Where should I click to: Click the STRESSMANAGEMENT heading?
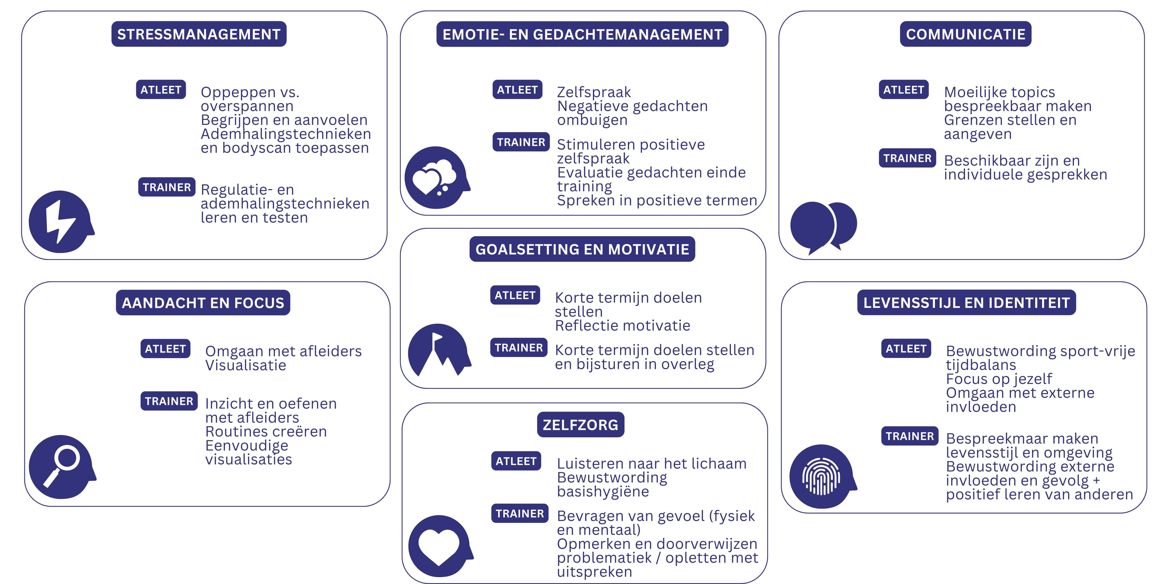(199, 34)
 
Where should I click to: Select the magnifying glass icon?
(62, 467)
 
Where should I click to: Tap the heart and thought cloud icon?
(437, 177)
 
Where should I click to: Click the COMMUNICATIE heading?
(966, 34)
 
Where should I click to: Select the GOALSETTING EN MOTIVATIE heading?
(582, 249)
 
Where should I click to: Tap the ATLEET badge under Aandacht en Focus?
(165, 349)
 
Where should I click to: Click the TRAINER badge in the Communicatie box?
(907, 158)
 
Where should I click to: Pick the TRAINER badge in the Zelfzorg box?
(520, 513)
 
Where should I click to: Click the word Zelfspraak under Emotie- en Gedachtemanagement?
(594, 92)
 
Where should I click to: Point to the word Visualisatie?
(246, 365)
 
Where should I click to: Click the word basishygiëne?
(603, 492)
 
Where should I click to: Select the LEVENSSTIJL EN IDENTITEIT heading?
(966, 302)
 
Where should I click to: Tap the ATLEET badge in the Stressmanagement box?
(161, 89)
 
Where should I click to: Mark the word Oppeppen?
(238, 92)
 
